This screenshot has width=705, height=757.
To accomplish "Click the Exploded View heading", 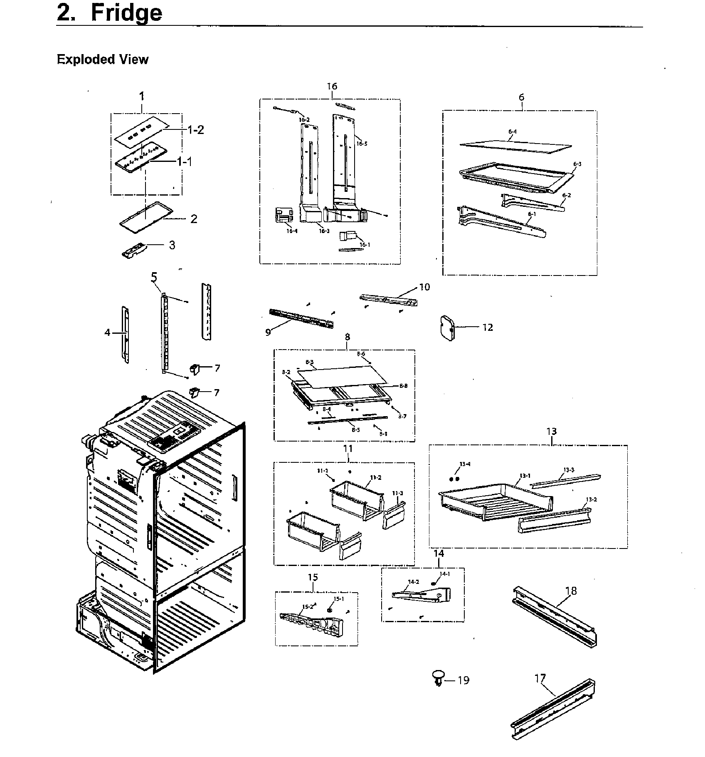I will [102, 59].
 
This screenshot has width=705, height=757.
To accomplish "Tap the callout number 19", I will [463, 680].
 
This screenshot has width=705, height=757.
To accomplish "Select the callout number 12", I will [487, 328].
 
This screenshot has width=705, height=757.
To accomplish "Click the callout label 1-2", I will [195, 129].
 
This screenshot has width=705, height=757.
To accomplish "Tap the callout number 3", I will [172, 245].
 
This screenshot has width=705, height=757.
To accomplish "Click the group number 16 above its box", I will [332, 86].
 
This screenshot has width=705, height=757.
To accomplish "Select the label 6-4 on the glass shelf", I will [512, 132].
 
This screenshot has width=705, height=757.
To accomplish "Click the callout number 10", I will [424, 287].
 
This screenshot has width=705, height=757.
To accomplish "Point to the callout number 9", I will [268, 332].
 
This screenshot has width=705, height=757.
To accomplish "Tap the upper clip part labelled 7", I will [194, 368].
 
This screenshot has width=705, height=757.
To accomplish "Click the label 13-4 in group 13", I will [465, 464].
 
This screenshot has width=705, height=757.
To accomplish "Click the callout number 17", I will [540, 679].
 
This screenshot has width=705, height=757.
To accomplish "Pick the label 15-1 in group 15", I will [338, 598].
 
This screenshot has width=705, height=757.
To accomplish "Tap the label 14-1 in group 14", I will [444, 574].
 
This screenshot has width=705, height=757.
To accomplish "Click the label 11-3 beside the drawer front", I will [397, 493].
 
